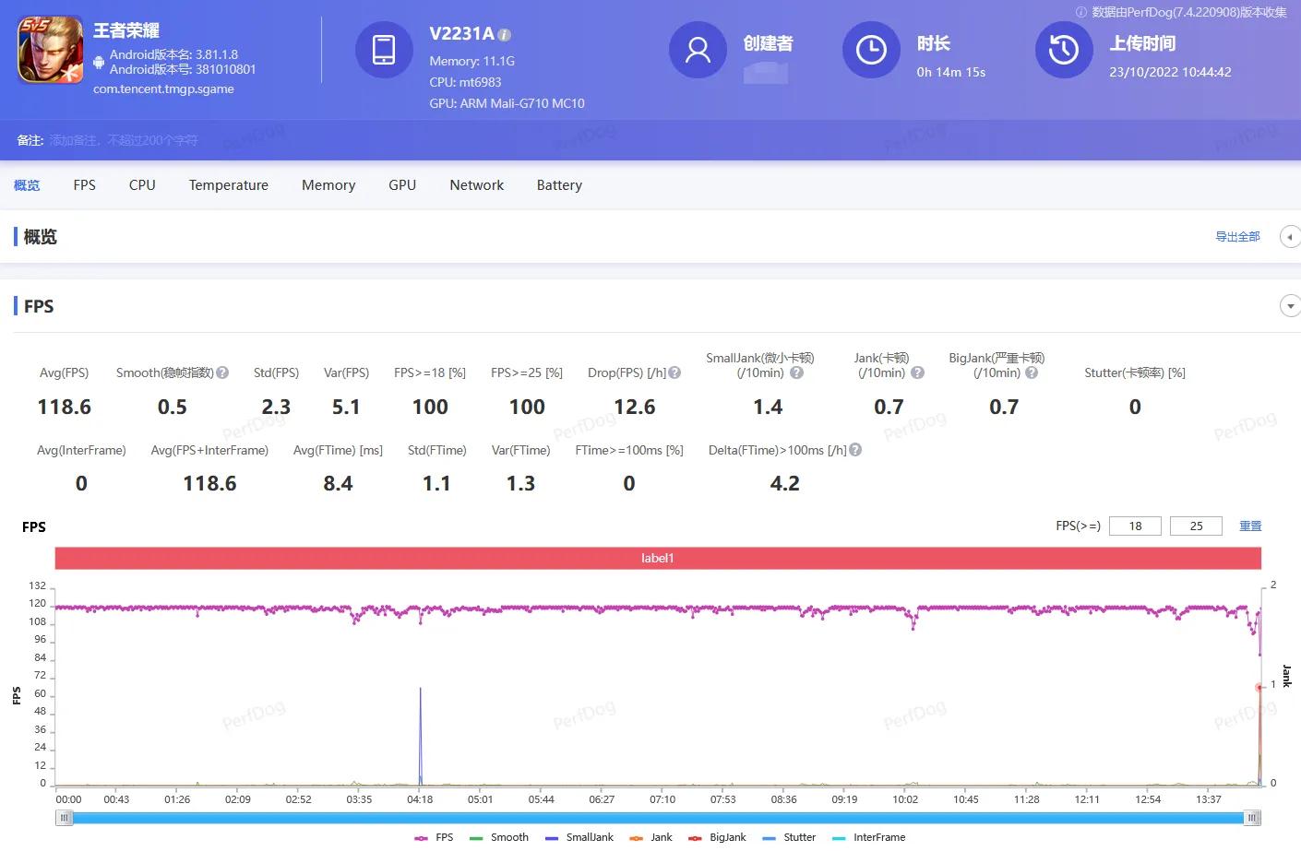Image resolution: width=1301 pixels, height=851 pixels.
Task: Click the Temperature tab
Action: (228, 185)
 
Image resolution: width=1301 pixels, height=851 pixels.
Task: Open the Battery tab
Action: (559, 185)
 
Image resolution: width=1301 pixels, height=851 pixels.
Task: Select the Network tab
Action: (476, 185)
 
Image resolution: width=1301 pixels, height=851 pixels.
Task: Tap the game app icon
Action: (51, 50)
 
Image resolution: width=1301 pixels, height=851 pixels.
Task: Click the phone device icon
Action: (384, 50)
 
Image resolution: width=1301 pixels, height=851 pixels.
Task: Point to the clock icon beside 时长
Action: (871, 50)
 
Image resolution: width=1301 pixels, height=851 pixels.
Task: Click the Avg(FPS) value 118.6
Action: (64, 407)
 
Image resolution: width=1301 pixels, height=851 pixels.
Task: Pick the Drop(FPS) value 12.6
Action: (634, 407)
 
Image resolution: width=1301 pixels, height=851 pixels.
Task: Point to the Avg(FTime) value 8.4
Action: (338, 483)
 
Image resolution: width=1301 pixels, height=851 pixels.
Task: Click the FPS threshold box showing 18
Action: (1135, 526)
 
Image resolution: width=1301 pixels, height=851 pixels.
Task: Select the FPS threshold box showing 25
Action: (1196, 526)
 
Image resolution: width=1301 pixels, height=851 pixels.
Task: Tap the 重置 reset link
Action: (1250, 526)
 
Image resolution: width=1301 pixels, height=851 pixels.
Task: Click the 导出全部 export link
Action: (1237, 237)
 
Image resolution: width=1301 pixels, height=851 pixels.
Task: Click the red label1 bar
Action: (658, 558)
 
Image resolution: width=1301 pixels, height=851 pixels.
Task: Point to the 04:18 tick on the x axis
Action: (420, 799)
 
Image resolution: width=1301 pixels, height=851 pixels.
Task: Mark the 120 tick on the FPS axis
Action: (38, 604)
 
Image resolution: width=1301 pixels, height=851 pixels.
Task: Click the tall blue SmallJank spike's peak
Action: (421, 688)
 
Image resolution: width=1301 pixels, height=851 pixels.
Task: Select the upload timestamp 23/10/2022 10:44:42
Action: (1170, 72)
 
